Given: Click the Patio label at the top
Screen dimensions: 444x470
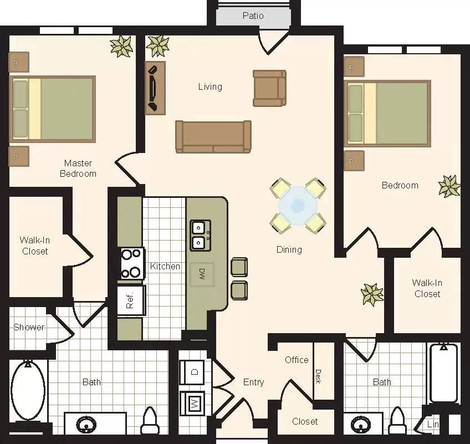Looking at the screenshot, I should coord(253,16).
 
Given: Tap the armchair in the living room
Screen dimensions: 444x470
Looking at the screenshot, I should coord(269,88).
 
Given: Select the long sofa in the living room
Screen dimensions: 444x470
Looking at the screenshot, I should coord(213,136).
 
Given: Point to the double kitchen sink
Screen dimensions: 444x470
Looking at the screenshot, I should coord(200,235).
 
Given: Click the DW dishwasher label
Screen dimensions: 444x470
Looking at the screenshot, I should coord(202,273).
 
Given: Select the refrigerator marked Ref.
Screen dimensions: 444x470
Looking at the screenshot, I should coord(131,300).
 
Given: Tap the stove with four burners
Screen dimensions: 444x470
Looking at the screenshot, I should coord(131,263).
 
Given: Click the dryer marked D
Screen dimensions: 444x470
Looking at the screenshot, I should coord(195,372).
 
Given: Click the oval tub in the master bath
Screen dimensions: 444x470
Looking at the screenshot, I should coord(28,390).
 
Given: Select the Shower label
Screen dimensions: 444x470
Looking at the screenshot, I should coord(29,327).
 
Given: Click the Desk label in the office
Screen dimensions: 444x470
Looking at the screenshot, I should coord(318,376).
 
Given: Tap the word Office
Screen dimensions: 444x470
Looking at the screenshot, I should coord(297,360).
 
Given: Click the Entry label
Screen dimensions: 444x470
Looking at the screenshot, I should coord(253,382).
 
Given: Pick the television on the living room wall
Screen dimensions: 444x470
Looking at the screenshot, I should coord(155,87).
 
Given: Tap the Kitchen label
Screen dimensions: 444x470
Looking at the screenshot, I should coord(165,266).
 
